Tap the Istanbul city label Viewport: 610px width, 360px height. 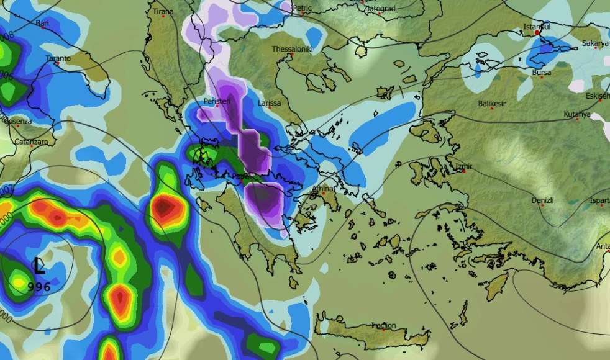point(537,27)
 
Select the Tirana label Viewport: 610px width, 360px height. point(162,11)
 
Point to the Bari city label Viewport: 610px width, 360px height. point(42,24)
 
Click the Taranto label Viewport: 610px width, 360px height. point(58,59)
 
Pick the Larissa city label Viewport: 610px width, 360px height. point(270,103)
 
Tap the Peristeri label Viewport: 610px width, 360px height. point(217,101)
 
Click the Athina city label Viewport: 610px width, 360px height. point(323,189)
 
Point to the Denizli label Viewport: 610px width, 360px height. point(542,200)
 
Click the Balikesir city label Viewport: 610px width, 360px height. point(492,104)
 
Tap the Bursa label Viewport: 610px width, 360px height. point(542,73)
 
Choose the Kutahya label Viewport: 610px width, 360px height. point(577,114)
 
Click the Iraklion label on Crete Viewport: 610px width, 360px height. point(383,325)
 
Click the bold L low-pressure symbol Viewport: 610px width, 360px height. point(39,267)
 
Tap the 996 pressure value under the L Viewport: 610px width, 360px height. point(39,287)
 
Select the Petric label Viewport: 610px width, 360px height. point(302,8)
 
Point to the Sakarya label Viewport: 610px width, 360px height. point(595,43)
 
